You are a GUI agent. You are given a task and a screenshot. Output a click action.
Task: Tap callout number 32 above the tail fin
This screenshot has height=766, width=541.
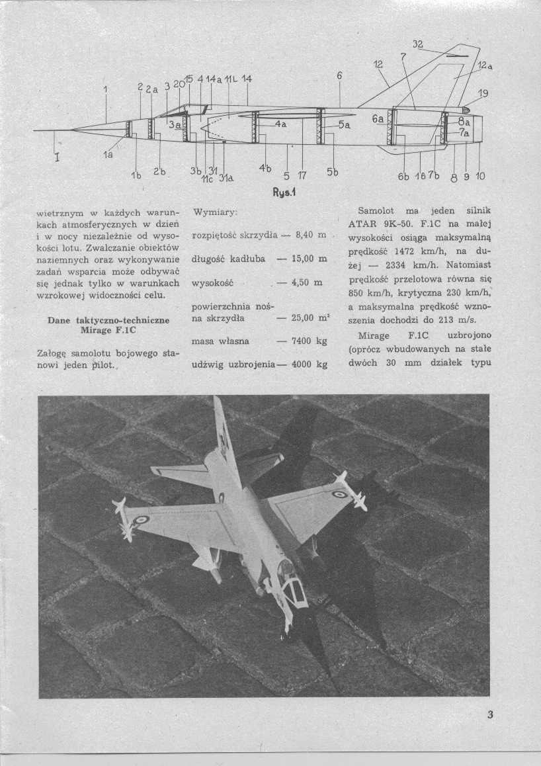[x=417, y=45]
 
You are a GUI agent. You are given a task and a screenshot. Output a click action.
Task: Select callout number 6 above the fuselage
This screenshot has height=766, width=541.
[x=339, y=75]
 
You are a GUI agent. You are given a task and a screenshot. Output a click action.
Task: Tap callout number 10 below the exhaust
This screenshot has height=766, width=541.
[x=480, y=177]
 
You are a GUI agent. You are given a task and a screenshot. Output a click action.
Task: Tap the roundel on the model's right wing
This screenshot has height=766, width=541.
[x=340, y=494]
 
